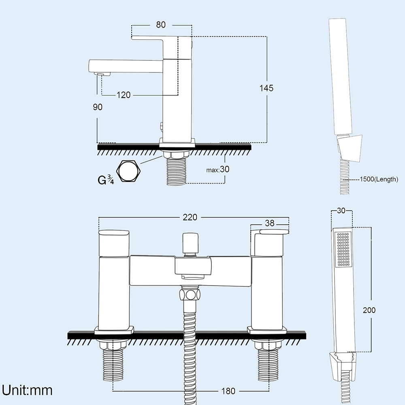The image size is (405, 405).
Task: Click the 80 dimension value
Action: (161, 25)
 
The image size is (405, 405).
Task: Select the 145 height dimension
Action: (266, 88)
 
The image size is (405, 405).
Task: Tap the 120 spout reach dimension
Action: (124, 95)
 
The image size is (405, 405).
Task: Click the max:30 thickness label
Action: (218, 169)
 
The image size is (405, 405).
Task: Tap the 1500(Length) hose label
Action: (378, 179)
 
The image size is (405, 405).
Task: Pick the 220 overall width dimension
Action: (190, 217)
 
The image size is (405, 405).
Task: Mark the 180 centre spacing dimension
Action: (228, 391)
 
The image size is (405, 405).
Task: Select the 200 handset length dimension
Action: (369, 310)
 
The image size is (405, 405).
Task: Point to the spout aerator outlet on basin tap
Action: (103, 74)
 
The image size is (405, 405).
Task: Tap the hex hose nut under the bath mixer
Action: (189, 294)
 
